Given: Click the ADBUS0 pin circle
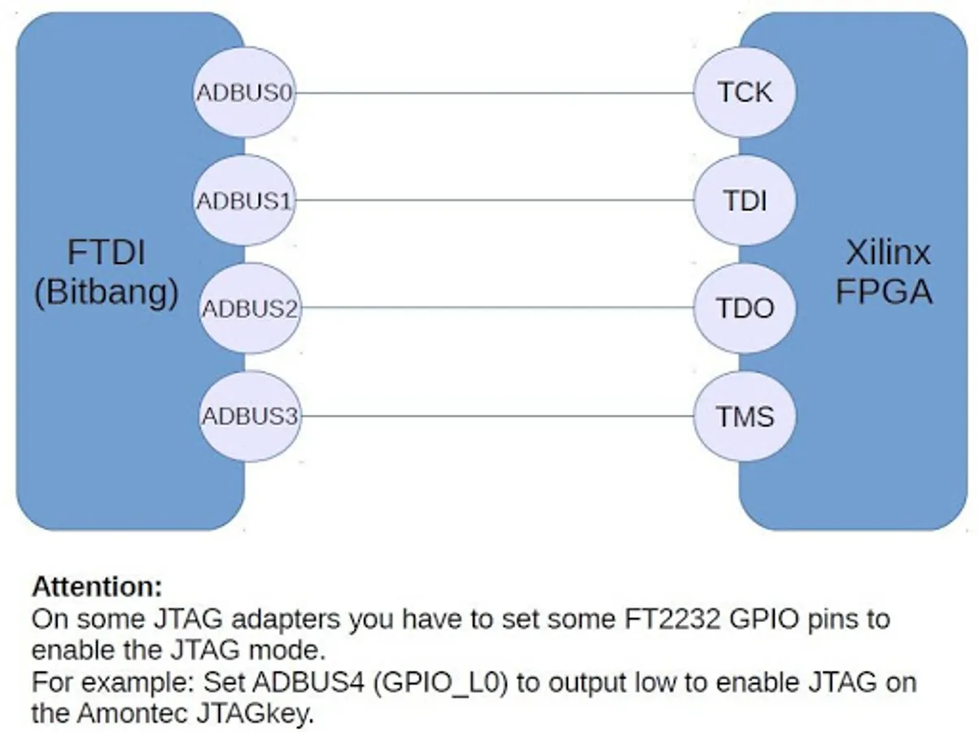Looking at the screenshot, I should tap(244, 93).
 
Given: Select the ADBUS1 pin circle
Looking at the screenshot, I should tap(244, 200).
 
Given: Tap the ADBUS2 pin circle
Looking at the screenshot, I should tap(249, 309).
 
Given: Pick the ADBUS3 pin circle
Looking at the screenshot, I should tap(249, 416).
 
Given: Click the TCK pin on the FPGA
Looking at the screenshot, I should tap(745, 93).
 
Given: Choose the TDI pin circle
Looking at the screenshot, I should tap(745, 200).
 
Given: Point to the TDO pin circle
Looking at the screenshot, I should tap(745, 309).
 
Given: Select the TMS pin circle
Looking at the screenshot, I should tap(745, 416).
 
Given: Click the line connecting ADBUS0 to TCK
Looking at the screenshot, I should tap(492, 93).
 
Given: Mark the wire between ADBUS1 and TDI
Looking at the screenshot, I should tap(492, 200).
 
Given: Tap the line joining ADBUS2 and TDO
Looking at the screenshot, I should tap(492, 309).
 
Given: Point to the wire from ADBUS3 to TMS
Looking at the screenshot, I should tap(492, 416).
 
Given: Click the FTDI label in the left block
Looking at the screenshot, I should tap(105, 253).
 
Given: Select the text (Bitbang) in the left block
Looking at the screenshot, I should tap(106, 292).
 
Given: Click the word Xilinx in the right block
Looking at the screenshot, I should tap(887, 254).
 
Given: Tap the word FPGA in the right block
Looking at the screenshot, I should tap(884, 291).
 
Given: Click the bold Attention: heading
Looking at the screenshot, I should tap(97, 586).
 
